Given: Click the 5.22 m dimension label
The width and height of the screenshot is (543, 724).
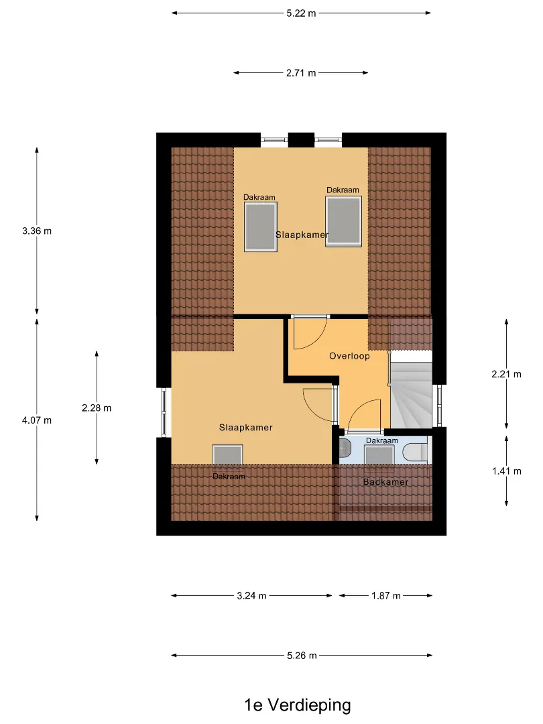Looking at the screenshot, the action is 301,13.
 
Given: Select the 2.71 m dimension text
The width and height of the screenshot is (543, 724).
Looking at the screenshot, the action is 301,73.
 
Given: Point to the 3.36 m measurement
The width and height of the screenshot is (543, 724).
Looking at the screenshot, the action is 37,231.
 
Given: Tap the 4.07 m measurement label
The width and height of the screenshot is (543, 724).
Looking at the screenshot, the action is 37,420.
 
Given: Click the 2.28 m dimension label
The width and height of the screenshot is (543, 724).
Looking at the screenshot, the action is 97,408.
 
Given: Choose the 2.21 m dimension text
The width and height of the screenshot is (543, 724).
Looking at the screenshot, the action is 507,374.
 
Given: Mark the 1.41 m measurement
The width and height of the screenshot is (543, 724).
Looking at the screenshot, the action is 507,471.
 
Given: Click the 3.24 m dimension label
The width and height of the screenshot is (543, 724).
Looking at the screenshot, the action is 251,596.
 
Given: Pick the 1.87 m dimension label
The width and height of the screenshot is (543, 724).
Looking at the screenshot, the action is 386,596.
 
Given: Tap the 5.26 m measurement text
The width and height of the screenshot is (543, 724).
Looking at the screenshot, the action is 302,656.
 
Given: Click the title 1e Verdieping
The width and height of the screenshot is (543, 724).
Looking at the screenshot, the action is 298,705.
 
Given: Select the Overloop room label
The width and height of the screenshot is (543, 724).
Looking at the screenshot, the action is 349,356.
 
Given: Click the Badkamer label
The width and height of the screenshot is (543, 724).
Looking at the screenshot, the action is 385,482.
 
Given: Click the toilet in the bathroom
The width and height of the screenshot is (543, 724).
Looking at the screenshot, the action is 415,452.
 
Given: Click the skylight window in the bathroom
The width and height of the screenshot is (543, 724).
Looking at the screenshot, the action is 379,455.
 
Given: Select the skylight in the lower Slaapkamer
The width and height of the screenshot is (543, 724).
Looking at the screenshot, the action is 228,455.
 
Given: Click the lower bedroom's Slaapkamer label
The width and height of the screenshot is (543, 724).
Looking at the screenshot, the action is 245,428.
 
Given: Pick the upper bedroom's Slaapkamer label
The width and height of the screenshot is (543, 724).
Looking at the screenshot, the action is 302,235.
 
